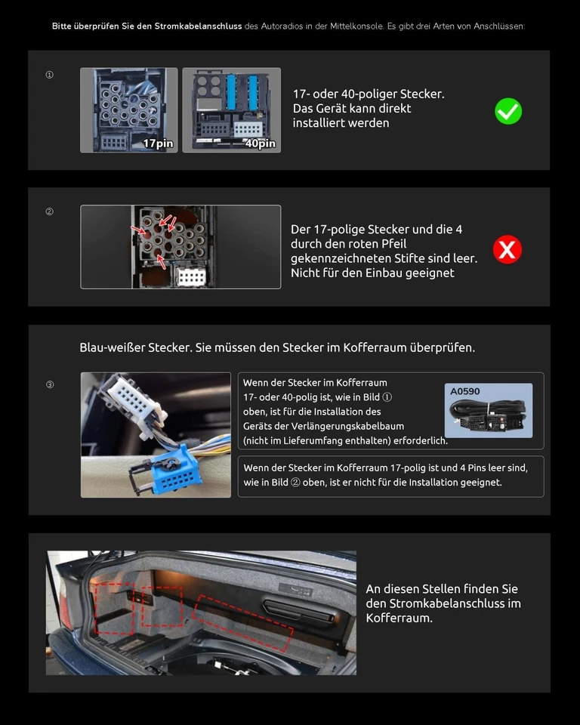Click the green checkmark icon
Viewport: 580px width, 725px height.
508,112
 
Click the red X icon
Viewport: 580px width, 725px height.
507,249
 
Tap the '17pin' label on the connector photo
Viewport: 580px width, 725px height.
158,143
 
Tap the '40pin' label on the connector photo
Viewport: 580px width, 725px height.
260,143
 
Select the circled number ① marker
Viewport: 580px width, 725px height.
50,75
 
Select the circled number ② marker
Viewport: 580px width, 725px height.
50,211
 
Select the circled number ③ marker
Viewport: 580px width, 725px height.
50,384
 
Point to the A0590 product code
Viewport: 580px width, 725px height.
465,391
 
